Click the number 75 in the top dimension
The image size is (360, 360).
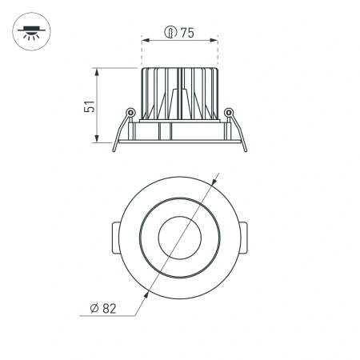click(187, 33)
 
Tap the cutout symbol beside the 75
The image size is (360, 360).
click(170, 33)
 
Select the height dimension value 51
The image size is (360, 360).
click(90, 106)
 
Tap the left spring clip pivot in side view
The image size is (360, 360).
click(129, 112)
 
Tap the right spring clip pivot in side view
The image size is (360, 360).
click(229, 112)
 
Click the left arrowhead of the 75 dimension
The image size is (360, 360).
click(145, 38)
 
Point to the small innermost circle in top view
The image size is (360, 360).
click(179, 237)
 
